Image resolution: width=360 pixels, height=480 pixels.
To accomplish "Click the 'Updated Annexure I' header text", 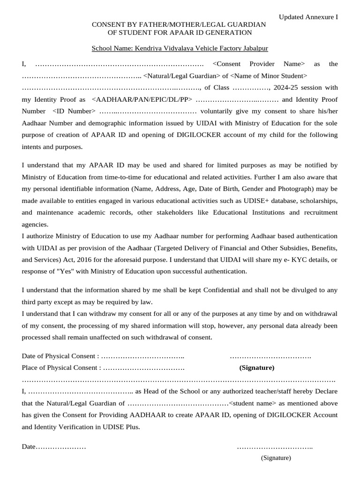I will [x=308, y=17].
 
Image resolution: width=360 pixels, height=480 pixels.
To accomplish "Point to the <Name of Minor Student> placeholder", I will [x=269, y=75].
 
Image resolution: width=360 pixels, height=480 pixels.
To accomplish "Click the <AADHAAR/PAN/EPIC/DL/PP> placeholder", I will [x=142, y=99].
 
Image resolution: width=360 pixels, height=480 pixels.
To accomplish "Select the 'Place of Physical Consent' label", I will [x=61, y=367].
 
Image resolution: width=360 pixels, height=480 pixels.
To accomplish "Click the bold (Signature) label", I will [x=257, y=367].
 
